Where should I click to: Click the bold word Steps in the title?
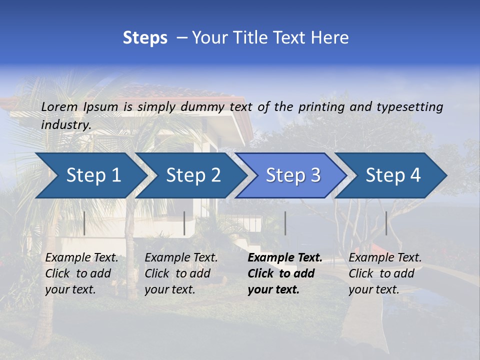click(x=145, y=37)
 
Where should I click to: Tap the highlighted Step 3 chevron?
click(x=293, y=175)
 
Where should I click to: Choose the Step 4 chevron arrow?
click(x=393, y=175)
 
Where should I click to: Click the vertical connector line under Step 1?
click(x=84, y=223)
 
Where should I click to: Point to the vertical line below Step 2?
click(x=184, y=223)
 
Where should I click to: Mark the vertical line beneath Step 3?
click(x=285, y=223)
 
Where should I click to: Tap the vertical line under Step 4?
click(x=386, y=223)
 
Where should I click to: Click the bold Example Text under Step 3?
click(x=285, y=258)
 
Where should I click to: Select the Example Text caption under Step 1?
click(x=81, y=258)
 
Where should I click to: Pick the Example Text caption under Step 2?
click(x=181, y=258)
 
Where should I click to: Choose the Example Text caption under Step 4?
click(x=385, y=258)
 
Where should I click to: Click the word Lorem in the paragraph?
click(x=59, y=106)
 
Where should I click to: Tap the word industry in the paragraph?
click(x=66, y=125)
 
